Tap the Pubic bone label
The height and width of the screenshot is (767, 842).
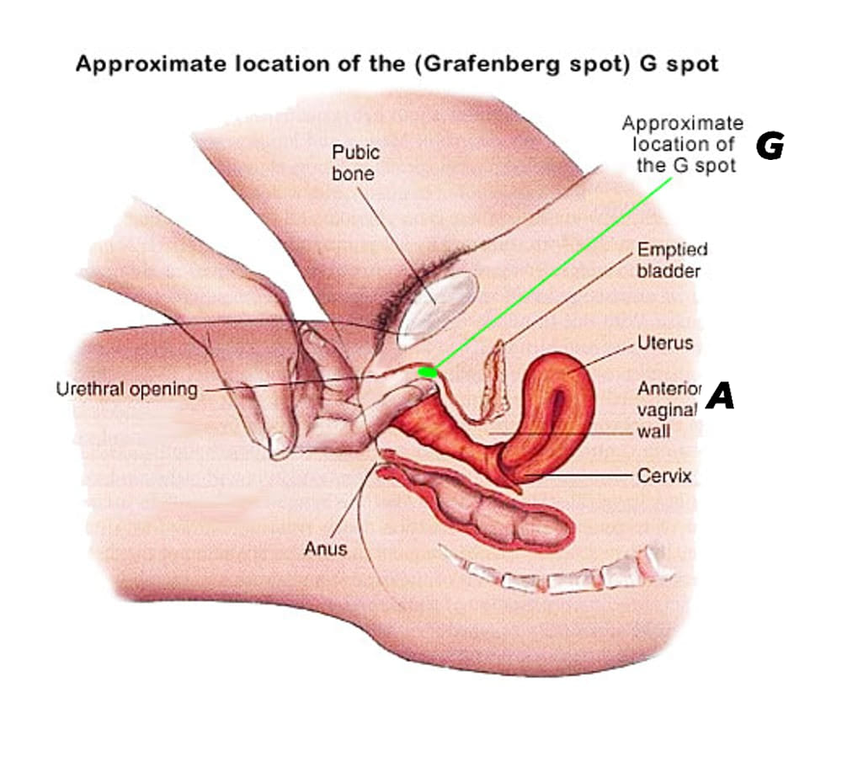(355, 163)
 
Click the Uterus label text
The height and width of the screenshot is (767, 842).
(665, 344)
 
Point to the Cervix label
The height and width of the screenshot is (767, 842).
(664, 476)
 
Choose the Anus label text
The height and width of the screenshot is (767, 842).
(325, 550)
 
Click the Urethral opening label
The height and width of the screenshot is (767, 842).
(126, 390)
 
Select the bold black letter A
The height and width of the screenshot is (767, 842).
(720, 396)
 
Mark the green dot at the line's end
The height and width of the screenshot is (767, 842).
(429, 370)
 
